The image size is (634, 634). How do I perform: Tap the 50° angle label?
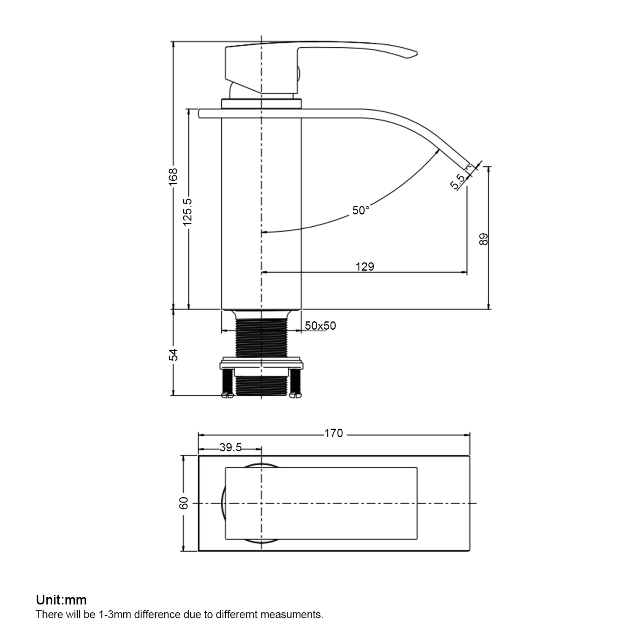tap(361, 210)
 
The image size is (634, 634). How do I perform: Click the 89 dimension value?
tap(484, 239)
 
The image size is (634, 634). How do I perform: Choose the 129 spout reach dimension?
tap(365, 267)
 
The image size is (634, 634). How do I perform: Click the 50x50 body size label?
tap(320, 326)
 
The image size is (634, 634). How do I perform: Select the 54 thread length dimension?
tap(173, 355)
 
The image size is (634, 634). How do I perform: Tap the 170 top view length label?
tap(334, 433)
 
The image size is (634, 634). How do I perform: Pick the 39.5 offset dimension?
tap(230, 447)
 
